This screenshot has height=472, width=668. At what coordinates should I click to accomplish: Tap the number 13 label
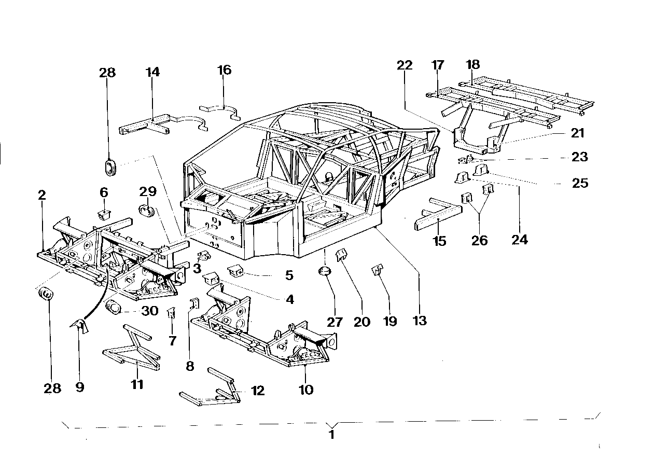pyautogui.click(x=419, y=321)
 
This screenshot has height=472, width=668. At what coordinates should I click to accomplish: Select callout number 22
pyautogui.click(x=405, y=65)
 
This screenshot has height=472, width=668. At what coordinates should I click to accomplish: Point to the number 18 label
pyautogui.click(x=472, y=65)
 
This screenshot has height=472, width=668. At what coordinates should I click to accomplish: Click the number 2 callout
pyautogui.click(x=42, y=196)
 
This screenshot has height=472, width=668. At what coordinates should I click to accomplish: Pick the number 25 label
pyautogui.click(x=580, y=183)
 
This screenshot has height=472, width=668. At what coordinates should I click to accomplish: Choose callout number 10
pyautogui.click(x=306, y=390)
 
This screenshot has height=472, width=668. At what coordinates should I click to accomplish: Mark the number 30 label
pyautogui.click(x=149, y=311)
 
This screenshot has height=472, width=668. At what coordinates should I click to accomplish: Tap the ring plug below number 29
pyautogui.click(x=147, y=211)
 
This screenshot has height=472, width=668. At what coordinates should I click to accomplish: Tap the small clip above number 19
pyautogui.click(x=377, y=270)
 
